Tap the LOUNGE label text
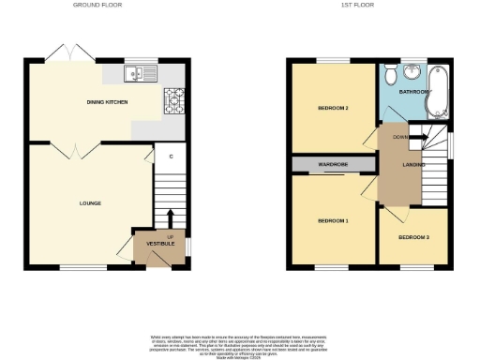[x=90, y=202]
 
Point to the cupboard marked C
[x=171, y=157]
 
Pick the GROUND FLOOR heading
[x=97, y=6]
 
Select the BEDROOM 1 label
[x=333, y=221]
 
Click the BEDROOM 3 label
[x=413, y=237]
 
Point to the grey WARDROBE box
[x=335, y=165]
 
